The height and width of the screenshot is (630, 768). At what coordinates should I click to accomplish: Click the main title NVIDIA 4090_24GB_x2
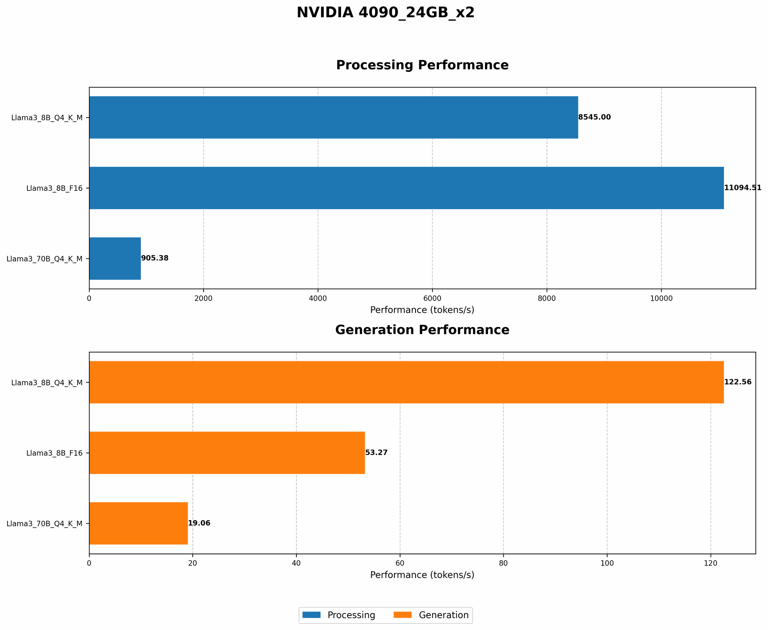pos(386,13)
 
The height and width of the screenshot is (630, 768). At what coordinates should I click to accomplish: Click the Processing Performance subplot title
pos(422,65)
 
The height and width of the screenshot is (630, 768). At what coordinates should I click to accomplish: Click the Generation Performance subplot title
pos(422,330)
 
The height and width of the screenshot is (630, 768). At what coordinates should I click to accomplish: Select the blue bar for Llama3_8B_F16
pos(406,188)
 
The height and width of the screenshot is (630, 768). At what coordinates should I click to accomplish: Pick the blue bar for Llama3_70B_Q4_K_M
pos(115,258)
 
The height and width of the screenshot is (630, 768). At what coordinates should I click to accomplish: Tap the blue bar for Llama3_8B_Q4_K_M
pos(333,117)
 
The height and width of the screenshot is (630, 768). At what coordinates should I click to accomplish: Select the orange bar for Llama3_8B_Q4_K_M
pos(406,382)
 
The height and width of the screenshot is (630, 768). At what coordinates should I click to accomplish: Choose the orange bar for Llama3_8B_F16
pos(227,453)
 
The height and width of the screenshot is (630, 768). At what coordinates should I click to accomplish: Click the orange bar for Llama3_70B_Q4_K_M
pos(138,523)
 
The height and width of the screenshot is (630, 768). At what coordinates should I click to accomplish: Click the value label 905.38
pos(155,258)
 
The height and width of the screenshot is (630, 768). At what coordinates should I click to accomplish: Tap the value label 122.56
pos(738,382)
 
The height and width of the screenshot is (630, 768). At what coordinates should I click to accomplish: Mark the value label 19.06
pos(199,523)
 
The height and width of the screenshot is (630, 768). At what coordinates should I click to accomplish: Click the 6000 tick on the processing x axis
pos(432,298)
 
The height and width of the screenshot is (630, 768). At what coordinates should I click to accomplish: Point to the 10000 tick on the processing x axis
pos(661,298)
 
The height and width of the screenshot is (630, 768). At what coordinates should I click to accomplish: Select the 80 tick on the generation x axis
pos(503,563)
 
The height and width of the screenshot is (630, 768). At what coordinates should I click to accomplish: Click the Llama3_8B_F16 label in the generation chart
pos(54,453)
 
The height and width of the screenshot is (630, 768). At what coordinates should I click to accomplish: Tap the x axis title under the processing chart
pos(422,310)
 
